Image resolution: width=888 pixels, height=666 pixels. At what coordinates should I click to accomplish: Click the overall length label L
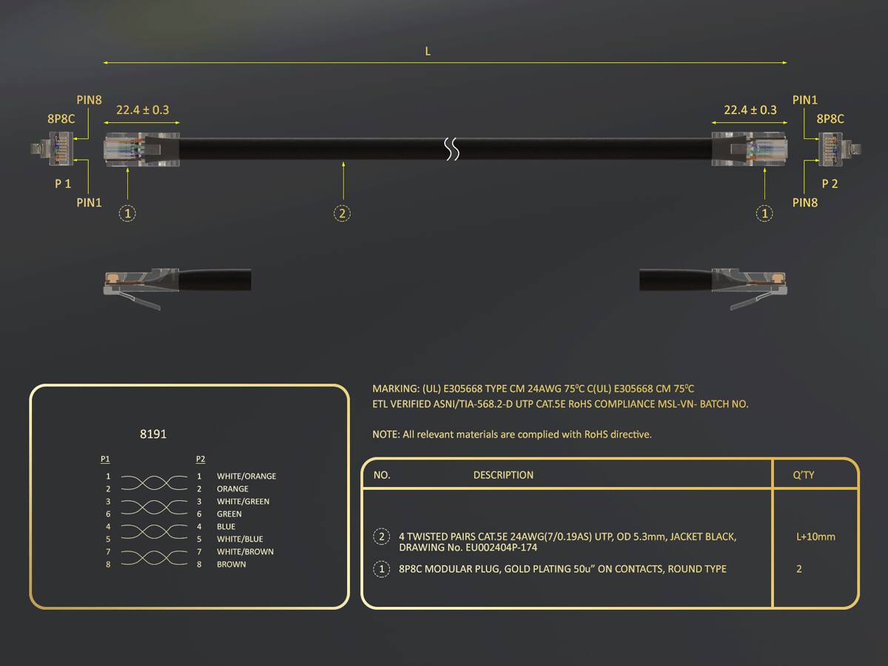[428, 51]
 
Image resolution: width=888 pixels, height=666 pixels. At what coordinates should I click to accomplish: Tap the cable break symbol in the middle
[452, 149]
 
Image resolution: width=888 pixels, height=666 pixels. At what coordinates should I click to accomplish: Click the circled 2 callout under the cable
[343, 213]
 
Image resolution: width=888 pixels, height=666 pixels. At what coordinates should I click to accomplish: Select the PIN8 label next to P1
[89, 100]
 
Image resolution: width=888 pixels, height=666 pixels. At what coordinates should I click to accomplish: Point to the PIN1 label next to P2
[804, 100]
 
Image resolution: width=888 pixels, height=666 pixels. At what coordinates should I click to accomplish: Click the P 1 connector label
[63, 184]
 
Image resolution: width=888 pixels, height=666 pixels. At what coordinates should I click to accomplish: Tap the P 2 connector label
[830, 184]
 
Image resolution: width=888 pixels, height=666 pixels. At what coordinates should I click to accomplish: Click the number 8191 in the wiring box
[153, 434]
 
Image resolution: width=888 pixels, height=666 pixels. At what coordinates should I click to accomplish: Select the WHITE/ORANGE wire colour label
[246, 476]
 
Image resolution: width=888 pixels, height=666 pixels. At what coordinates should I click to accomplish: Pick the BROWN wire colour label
[232, 564]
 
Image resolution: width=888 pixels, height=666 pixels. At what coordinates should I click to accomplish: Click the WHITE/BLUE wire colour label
[240, 539]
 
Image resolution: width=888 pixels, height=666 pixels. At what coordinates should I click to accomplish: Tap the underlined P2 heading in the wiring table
[201, 459]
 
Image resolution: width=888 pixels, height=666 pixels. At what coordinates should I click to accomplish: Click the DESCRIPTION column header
[503, 475]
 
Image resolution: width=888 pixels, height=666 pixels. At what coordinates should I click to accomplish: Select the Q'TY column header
[804, 475]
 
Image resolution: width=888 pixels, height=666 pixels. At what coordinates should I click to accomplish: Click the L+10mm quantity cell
[815, 536]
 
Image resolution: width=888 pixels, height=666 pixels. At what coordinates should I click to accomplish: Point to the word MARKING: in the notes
[396, 388]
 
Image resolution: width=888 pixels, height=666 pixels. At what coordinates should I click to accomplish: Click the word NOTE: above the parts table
[386, 434]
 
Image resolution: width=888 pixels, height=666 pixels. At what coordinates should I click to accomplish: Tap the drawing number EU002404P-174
[501, 548]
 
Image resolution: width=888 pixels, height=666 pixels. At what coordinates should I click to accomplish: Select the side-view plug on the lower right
[713, 289]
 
